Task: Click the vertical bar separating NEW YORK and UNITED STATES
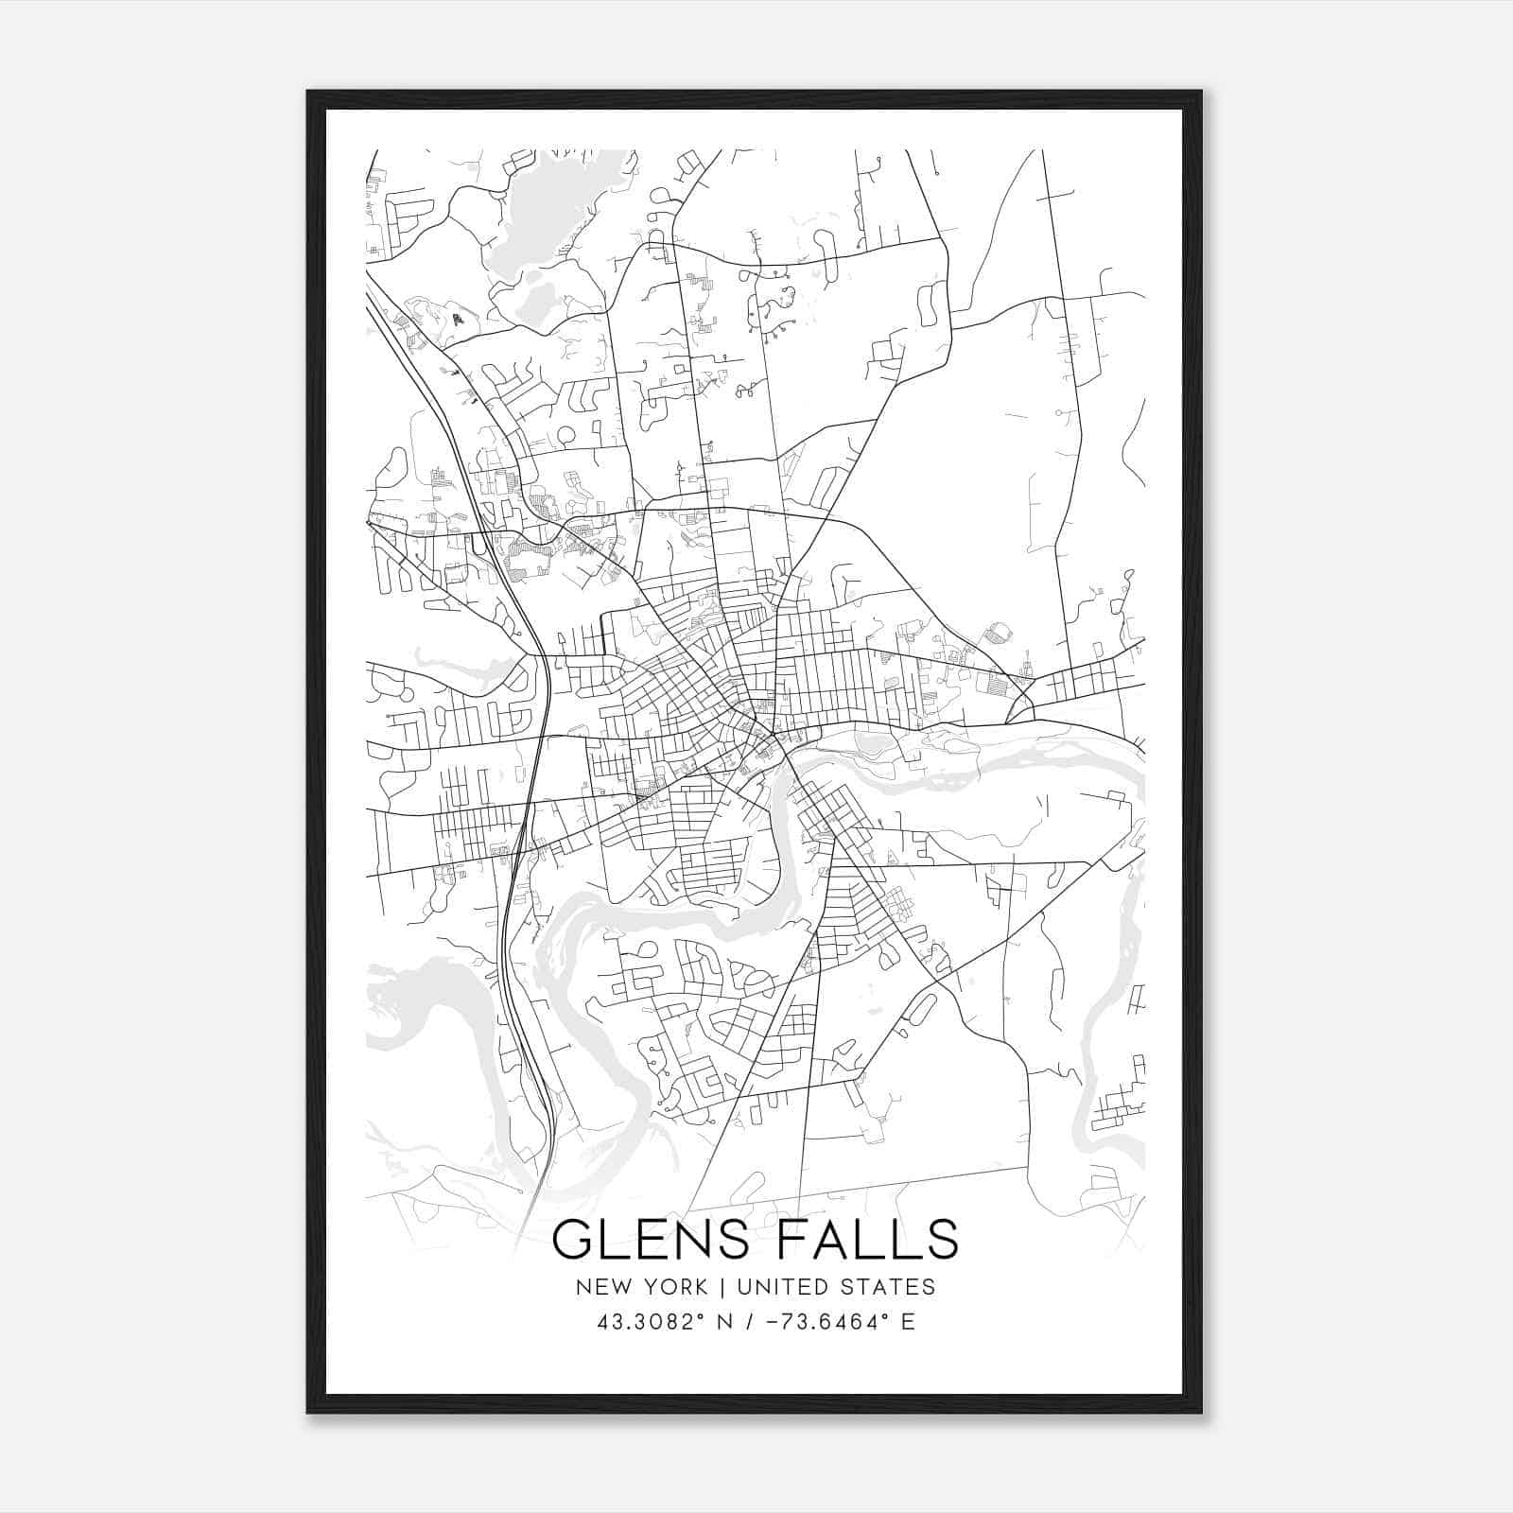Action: (722, 1287)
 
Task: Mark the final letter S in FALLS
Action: (942, 1240)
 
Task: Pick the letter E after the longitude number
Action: (908, 1322)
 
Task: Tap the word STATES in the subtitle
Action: (889, 1287)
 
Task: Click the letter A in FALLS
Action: (832, 1240)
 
